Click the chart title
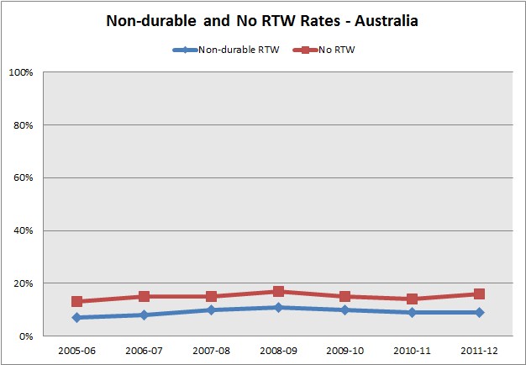(x=262, y=21)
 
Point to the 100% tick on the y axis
(x=20, y=72)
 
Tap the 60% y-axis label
(x=22, y=177)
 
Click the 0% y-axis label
(x=24, y=336)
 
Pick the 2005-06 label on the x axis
(x=77, y=349)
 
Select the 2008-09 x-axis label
(x=279, y=349)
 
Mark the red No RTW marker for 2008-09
(x=279, y=292)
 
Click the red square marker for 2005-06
(x=77, y=301)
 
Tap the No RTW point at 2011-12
(x=480, y=294)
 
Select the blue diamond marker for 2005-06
(x=77, y=317)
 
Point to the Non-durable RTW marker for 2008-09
(x=279, y=307)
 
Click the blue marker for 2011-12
(x=480, y=312)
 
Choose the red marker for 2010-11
(x=413, y=299)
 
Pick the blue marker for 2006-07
(x=145, y=315)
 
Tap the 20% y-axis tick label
(x=22, y=283)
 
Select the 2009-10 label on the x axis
(x=345, y=349)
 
